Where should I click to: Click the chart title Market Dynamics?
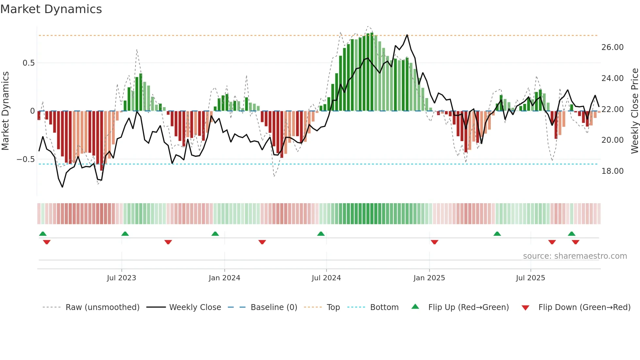pyautogui.click(x=51, y=9)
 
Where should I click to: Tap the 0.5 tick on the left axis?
pyautogui.click(x=29, y=63)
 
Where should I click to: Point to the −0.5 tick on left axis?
pyautogui.click(x=26, y=159)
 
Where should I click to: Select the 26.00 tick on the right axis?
pyautogui.click(x=612, y=47)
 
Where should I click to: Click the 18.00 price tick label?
pyautogui.click(x=612, y=171)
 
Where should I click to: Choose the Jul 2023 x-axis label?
pyautogui.click(x=121, y=278)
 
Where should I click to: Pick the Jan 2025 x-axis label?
pyautogui.click(x=429, y=278)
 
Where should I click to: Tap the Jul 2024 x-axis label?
pyautogui.click(x=326, y=278)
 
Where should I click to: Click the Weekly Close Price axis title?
pyautogui.click(x=634, y=111)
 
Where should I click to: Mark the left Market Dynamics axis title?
pyautogui.click(x=5, y=111)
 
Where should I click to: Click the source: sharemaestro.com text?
pyautogui.click(x=575, y=256)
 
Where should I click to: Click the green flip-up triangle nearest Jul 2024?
pyautogui.click(x=321, y=234)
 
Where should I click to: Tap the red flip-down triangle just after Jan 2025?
pyautogui.click(x=434, y=242)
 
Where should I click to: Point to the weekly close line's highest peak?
pyautogui.click(x=407, y=35)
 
